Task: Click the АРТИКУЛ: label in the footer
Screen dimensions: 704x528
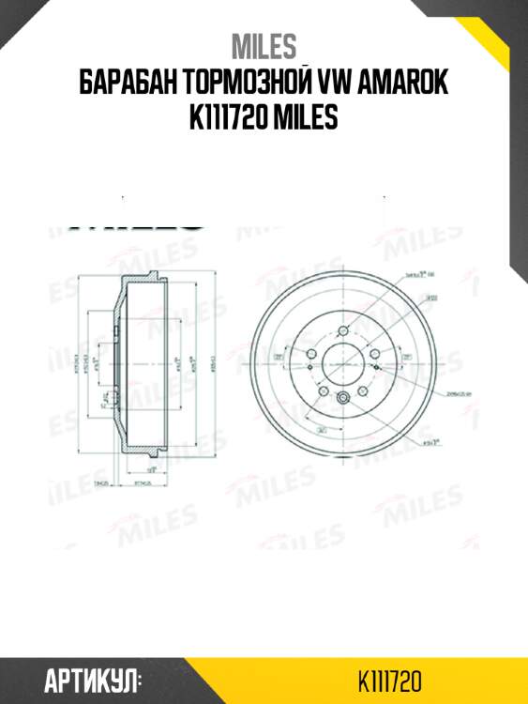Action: coord(92,679)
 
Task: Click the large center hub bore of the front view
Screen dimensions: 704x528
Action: coord(344,361)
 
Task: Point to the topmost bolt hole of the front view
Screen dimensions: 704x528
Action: coord(344,330)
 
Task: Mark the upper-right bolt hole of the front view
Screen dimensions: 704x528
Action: coord(374,353)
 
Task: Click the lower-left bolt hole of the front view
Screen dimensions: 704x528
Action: coord(324,390)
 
